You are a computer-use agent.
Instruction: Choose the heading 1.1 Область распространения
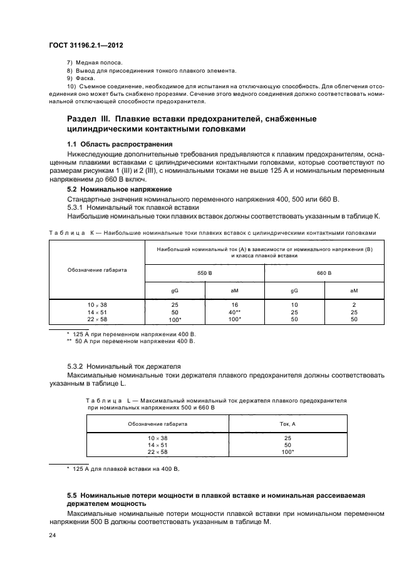(x=120, y=144)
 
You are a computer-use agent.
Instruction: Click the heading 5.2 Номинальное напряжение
(x=118, y=188)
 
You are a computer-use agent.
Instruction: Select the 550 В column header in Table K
(x=205, y=274)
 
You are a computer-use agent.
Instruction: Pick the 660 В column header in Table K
(x=324, y=274)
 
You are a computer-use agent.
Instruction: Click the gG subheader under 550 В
(x=175, y=290)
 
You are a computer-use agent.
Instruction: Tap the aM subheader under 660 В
(x=354, y=290)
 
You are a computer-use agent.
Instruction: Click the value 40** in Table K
(x=235, y=312)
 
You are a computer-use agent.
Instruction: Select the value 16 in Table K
(x=235, y=305)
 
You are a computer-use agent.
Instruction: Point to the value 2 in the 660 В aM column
(x=354, y=305)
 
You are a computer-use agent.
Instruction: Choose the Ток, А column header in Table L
(x=288, y=424)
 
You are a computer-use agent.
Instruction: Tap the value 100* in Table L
(x=288, y=451)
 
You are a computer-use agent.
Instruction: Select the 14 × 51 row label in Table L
(x=158, y=445)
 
